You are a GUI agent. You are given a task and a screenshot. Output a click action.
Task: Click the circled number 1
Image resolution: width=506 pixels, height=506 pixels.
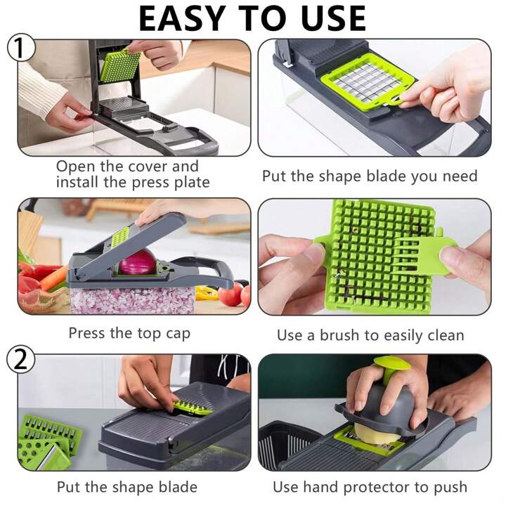pyautogui.click(x=20, y=48)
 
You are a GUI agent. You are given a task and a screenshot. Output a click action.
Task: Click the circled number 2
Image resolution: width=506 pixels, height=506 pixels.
pyautogui.click(x=20, y=360)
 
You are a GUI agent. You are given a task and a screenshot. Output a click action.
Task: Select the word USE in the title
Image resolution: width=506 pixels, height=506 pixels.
pyautogui.click(x=334, y=18)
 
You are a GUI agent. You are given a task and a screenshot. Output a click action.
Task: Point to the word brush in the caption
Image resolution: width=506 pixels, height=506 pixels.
pyautogui.click(x=339, y=336)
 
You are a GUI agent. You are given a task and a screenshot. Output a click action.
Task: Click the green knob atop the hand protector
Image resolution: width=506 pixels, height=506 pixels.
pyautogui.click(x=391, y=368)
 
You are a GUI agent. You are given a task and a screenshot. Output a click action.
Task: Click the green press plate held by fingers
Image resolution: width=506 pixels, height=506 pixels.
pyautogui.click(x=120, y=65)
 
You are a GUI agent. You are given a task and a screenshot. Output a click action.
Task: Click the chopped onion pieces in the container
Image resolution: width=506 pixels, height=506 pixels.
pyautogui.click(x=132, y=301)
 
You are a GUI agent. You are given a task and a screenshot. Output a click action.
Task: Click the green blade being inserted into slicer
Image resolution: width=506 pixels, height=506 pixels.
pyautogui.click(x=192, y=408)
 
